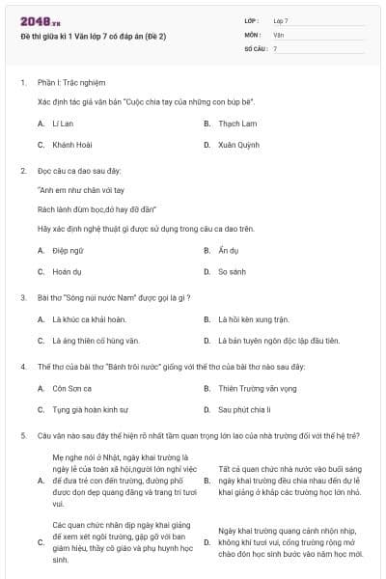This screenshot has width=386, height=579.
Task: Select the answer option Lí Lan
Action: point(63,124)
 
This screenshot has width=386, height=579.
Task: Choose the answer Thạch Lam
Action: point(236,124)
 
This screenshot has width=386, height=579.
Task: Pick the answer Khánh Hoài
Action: point(70,145)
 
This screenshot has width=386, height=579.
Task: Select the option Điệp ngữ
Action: point(68,250)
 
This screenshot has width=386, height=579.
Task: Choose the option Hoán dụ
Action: point(67,271)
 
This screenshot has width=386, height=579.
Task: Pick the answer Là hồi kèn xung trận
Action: point(253,319)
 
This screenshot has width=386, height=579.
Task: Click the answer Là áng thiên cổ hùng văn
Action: point(96,341)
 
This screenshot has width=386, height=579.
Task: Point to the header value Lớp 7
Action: point(281,20)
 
